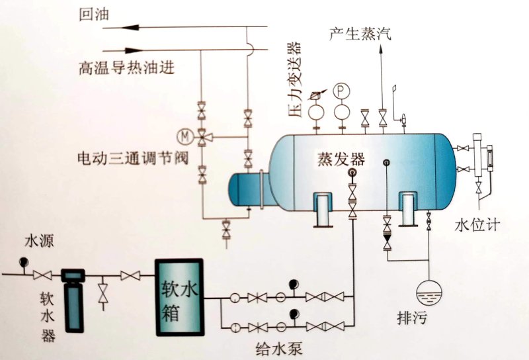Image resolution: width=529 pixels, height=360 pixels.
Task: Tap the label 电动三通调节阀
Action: [x=126, y=159]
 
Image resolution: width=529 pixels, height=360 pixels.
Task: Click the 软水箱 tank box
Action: [x=179, y=296]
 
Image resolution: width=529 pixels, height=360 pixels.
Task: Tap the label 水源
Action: [x=36, y=239]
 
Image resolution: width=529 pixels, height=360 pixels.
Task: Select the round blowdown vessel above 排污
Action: [x=427, y=292]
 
